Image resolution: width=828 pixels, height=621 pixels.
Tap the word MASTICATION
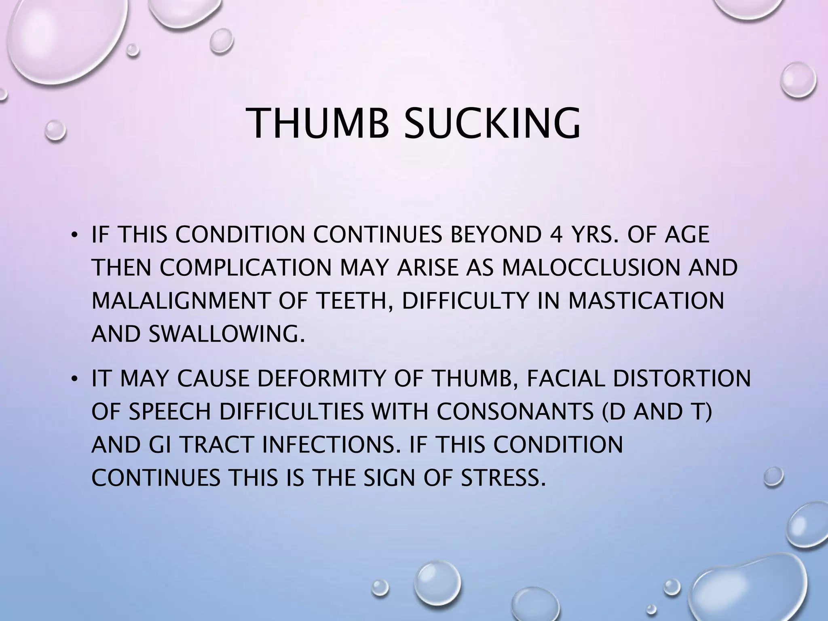tap(646, 301)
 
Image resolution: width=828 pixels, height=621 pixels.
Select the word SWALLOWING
tap(226, 334)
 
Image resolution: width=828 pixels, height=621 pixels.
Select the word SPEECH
tap(170, 412)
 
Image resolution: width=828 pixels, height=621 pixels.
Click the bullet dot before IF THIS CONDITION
tap(74, 236)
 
